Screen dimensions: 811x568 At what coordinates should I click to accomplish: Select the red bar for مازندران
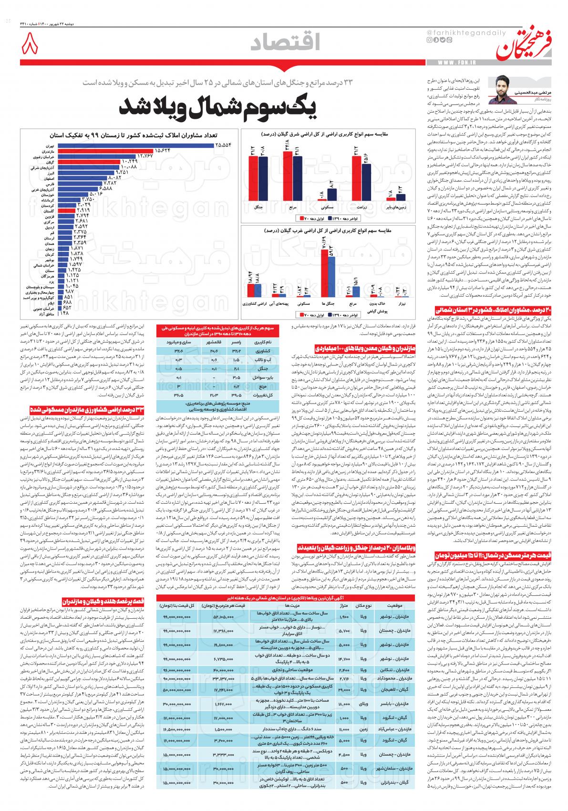click(x=105, y=151)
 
